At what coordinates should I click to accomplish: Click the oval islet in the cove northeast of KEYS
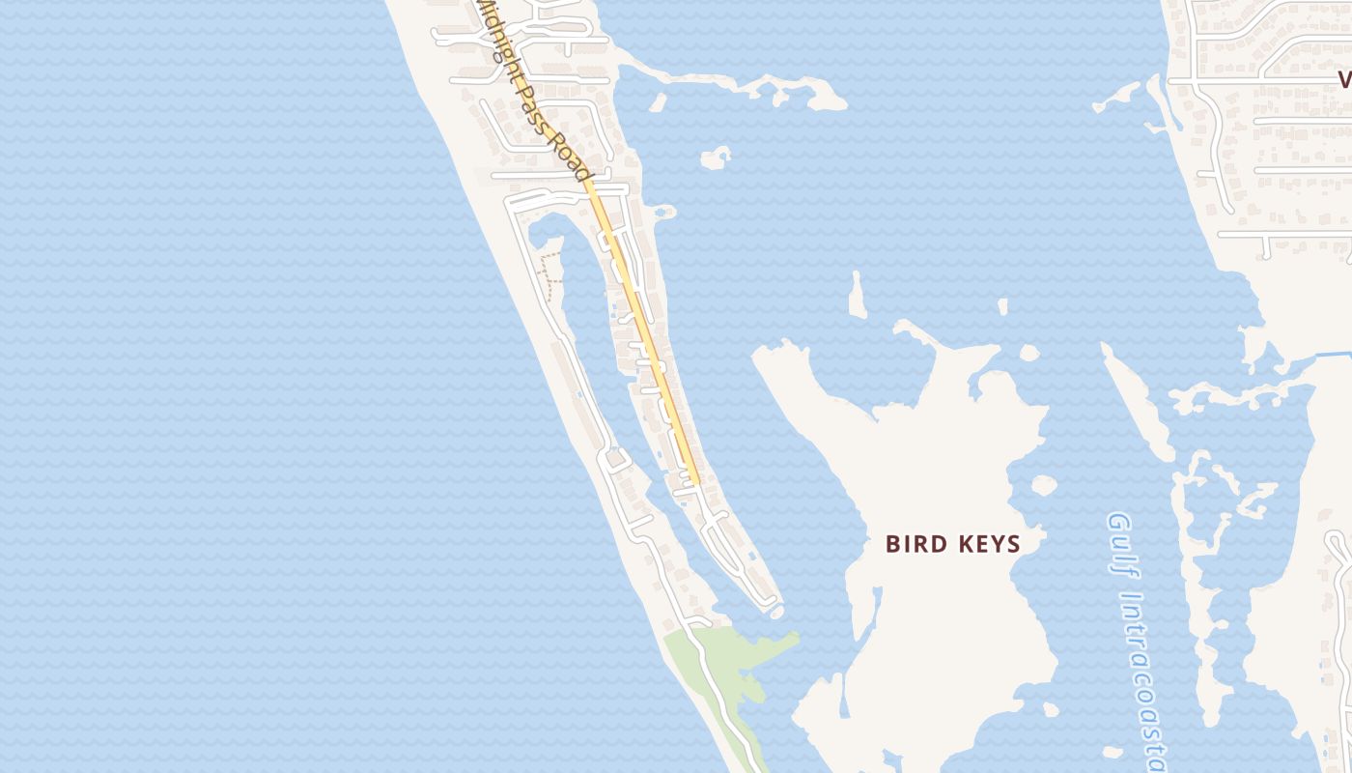1043,485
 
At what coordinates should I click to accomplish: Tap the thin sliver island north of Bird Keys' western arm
856,296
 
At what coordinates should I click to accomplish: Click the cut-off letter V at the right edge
1344,79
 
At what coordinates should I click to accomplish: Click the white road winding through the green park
719,696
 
